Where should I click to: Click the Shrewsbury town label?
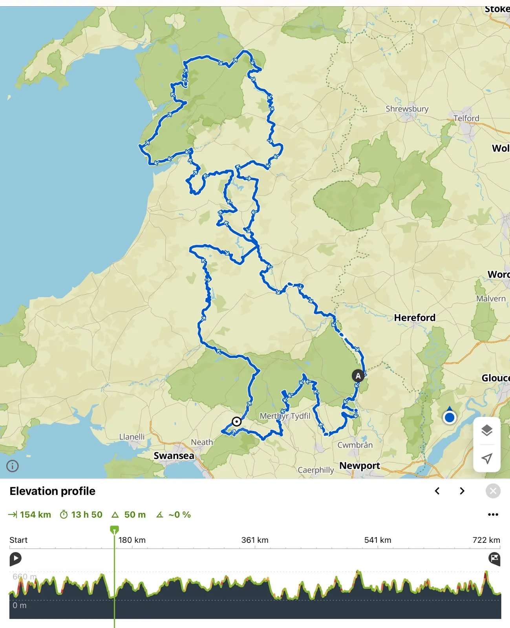click(x=407, y=109)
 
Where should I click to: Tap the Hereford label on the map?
click(x=415, y=318)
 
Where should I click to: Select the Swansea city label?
click(x=174, y=456)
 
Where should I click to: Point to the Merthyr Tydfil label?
click(x=285, y=416)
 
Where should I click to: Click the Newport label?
click(x=360, y=466)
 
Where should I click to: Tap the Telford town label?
click(x=466, y=118)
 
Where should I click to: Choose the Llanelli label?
click(x=132, y=437)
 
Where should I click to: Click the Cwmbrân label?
click(x=355, y=445)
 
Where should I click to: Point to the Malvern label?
click(x=491, y=299)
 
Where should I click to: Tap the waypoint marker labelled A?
click(x=358, y=376)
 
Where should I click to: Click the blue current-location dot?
click(x=450, y=418)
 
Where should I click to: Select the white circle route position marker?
click(x=236, y=422)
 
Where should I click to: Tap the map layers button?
click(x=487, y=430)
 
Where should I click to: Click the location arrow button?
click(x=487, y=458)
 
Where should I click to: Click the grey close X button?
click(x=493, y=491)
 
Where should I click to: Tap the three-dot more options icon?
click(x=493, y=515)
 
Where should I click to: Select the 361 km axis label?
click(x=255, y=540)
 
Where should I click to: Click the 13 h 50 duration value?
click(x=86, y=515)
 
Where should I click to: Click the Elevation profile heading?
click(x=53, y=491)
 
